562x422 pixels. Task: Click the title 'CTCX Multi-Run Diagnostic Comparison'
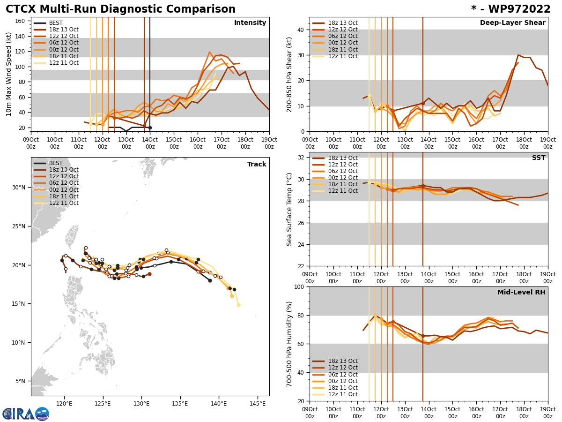(x=120, y=9)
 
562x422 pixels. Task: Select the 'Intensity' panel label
(x=250, y=23)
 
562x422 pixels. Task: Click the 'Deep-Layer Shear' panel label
(x=512, y=23)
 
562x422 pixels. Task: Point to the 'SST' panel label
(x=539, y=158)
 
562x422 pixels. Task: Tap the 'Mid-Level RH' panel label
(x=521, y=293)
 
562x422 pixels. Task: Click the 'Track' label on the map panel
(x=257, y=165)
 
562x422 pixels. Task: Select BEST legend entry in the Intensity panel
(x=55, y=23)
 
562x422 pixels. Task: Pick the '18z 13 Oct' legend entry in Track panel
(x=64, y=170)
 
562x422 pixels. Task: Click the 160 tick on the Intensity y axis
(x=21, y=21)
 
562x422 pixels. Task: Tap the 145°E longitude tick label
(x=255, y=403)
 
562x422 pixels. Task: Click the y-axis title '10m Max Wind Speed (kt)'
(x=8, y=74)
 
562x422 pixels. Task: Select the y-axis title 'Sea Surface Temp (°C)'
(x=289, y=209)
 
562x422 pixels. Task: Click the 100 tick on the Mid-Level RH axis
(x=299, y=286)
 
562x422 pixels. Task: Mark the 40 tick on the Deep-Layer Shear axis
(x=300, y=30)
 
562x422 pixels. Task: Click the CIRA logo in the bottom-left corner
(x=26, y=414)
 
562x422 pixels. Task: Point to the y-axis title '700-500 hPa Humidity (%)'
(x=289, y=344)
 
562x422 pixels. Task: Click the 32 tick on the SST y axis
(x=300, y=158)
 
